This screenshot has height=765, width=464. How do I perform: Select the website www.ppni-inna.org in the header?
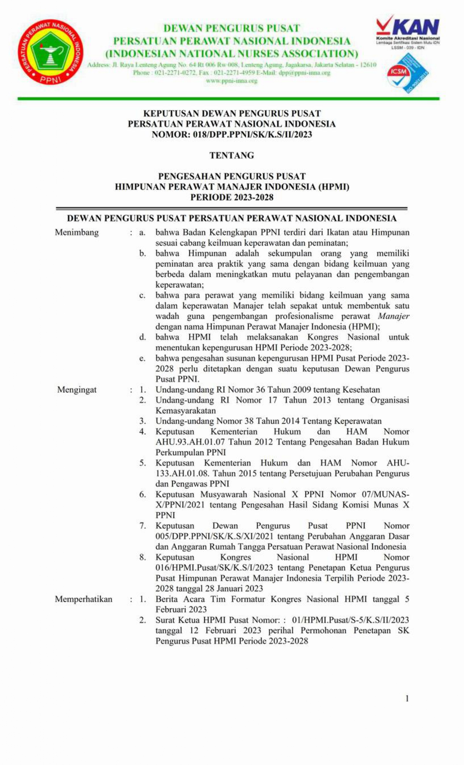click(x=231, y=81)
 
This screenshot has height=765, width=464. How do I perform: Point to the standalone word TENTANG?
click(x=231, y=156)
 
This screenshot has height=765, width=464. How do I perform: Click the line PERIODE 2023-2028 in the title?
click(x=231, y=197)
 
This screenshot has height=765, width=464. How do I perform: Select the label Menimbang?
click(x=77, y=232)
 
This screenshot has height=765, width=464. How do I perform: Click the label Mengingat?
click(x=77, y=390)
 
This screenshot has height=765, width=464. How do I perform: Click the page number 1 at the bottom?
click(x=407, y=698)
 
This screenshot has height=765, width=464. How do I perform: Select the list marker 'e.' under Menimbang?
click(x=142, y=358)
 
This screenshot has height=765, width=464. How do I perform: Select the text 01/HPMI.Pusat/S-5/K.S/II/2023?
click(x=350, y=620)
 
